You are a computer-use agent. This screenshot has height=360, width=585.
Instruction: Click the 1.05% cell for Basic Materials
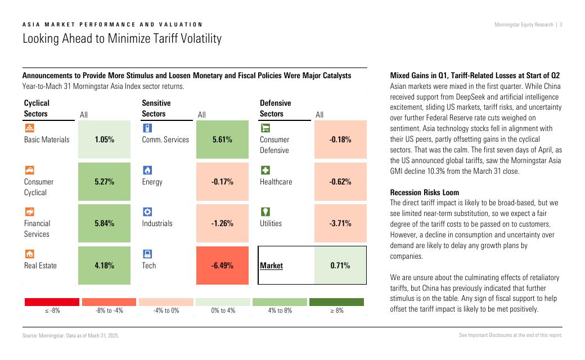[105, 139]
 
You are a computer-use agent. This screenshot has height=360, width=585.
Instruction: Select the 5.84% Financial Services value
[105, 223]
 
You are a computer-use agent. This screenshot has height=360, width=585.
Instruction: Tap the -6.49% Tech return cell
[222, 265]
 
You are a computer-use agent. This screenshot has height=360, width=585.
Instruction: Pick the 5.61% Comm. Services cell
[222, 139]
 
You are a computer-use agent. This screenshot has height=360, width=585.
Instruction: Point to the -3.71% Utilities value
[340, 223]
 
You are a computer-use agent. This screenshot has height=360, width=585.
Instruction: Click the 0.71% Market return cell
[340, 265]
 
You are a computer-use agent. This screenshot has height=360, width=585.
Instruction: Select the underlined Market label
[271, 265]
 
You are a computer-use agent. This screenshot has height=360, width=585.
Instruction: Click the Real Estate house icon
[29, 254]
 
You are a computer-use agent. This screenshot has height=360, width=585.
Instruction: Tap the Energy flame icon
[147, 170]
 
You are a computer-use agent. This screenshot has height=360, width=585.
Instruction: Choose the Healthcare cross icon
[265, 170]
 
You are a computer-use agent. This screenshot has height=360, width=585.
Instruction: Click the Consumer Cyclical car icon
[29, 170]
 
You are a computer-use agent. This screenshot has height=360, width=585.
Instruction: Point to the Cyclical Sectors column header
[37, 109]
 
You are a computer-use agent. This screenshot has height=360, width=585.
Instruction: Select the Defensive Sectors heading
[276, 109]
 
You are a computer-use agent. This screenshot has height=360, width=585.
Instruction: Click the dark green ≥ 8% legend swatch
[336, 302]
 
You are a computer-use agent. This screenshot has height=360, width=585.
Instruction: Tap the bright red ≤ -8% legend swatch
[52, 302]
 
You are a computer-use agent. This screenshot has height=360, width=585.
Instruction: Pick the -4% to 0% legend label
[166, 310]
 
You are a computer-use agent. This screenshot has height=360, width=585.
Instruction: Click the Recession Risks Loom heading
[425, 192]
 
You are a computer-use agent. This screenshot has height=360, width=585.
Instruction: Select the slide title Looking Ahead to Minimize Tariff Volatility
[122, 39]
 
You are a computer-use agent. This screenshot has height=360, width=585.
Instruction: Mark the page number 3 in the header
[561, 25]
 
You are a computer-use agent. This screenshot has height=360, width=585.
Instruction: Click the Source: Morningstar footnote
[70, 335]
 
